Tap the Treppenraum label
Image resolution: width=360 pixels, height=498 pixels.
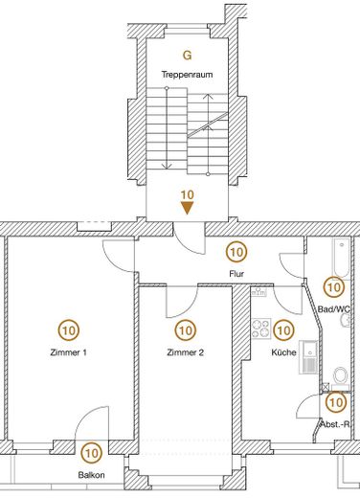point(187,74)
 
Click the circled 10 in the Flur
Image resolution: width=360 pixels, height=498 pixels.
point(236,253)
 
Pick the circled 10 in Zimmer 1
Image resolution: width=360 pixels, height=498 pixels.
point(68,330)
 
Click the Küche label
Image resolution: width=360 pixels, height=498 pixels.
point(283,351)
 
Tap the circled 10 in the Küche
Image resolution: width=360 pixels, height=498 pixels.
point(283,330)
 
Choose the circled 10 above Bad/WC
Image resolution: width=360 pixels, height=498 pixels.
point(333,286)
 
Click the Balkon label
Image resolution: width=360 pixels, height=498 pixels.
point(92,475)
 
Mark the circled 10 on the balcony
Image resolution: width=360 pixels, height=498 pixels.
point(92,453)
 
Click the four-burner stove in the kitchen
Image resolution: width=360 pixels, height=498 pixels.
point(259,330)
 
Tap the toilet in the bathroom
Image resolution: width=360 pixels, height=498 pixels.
point(340,374)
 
